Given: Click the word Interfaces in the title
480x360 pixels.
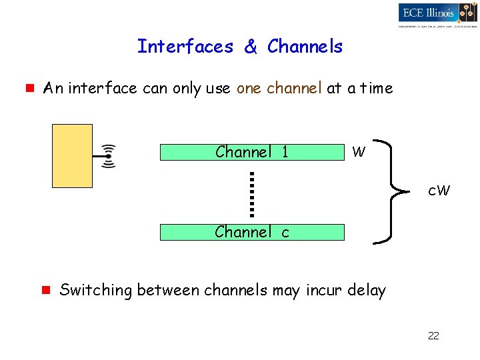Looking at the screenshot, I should pos(185,47).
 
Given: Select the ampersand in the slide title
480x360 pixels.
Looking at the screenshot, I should pos(251,47).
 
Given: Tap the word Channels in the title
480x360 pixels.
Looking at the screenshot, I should pos(305,47).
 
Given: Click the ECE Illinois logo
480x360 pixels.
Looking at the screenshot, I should pos(437,14).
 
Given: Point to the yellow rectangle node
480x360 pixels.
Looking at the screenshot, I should pos(72,155).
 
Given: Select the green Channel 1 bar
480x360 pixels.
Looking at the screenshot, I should pos(252,153).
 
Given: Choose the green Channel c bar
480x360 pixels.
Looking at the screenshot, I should pos(252,232).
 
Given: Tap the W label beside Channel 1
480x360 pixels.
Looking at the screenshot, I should pos(359,153).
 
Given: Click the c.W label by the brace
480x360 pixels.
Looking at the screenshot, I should pos(439,191).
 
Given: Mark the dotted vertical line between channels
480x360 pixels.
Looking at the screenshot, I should pos(253,194).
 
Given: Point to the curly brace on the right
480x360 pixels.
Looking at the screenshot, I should pos(391,192).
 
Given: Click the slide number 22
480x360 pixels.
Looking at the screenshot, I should pos(433,335).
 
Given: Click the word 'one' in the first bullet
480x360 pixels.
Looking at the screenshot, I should pos(249,88).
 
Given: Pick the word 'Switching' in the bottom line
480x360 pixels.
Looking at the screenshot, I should pos(96,291).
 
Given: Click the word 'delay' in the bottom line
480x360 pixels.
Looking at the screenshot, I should pos(367,291).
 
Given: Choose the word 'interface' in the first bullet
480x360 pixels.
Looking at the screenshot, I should pos(103,88).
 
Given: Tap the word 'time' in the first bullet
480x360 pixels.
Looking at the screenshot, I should pos(377,88).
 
